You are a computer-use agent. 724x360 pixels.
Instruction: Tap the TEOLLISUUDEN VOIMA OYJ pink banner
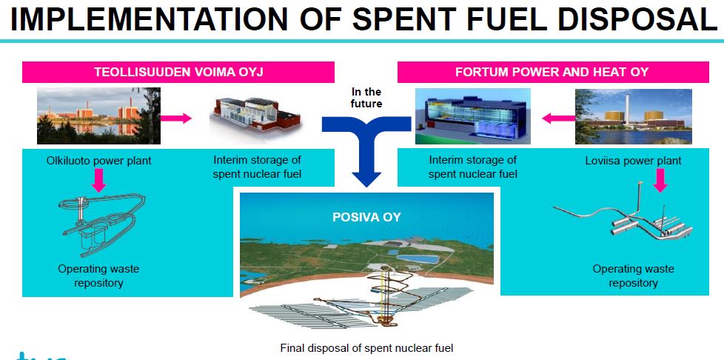tap(178, 72)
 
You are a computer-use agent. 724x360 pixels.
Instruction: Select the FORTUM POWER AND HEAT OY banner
tap(553, 72)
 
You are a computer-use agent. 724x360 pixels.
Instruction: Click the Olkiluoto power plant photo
tap(98, 116)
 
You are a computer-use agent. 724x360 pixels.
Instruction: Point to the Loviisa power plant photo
tap(634, 116)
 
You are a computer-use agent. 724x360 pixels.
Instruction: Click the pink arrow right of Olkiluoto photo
tap(176, 119)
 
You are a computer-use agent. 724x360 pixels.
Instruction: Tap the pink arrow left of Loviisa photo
tap(558, 119)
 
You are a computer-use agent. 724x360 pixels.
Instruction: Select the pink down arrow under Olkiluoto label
tap(98, 180)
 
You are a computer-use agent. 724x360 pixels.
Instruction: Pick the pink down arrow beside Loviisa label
tap(660, 180)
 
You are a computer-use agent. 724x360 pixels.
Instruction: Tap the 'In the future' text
tap(366, 98)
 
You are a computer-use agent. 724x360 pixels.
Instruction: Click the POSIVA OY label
tap(366, 217)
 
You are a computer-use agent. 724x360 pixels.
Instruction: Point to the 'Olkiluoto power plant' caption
tap(98, 161)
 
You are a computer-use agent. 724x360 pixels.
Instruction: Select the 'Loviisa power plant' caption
tap(633, 161)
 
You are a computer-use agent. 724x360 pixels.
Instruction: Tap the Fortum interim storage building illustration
tap(473, 116)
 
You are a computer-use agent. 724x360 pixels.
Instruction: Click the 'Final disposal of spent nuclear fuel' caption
tap(366, 348)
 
